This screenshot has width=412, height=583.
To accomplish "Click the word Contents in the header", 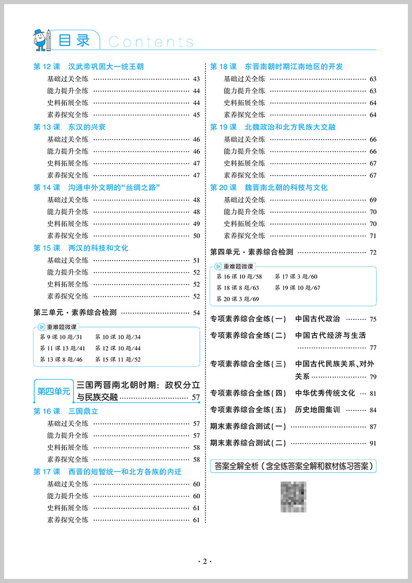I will [151, 42].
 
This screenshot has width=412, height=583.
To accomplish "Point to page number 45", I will [196, 115].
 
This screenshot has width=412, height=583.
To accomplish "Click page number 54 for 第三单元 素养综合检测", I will [196, 313].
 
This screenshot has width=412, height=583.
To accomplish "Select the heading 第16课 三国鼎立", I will [65, 411].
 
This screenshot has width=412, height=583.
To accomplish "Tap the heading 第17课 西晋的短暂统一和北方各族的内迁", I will [107, 472].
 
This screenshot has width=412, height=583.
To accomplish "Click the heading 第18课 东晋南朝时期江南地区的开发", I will [277, 66].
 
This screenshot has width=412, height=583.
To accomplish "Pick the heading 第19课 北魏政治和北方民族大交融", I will [273, 127].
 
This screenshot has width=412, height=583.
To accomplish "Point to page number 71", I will [373, 236].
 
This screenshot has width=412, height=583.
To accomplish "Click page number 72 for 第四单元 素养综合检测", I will [373, 252].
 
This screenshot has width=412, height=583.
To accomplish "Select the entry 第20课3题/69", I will [238, 299].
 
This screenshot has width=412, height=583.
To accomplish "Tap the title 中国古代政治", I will [318, 319].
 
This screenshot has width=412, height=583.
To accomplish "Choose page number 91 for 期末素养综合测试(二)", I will [373, 443].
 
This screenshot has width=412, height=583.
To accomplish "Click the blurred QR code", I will [293, 497].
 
